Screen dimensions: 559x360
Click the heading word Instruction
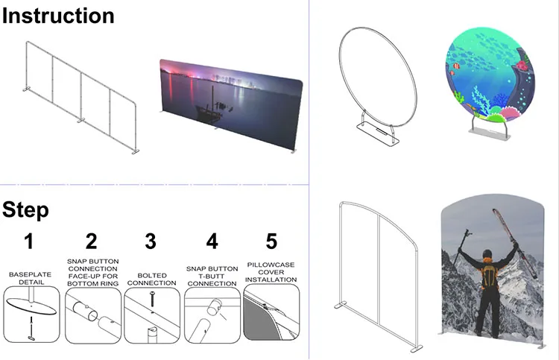click(58, 16)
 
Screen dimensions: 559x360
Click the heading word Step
click(25, 210)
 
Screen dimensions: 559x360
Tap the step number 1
click(29, 241)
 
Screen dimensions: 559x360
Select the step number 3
click(151, 241)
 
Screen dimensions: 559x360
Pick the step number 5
click(271, 241)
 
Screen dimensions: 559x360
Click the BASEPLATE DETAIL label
click(30, 278)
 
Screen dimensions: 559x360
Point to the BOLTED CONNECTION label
click(151, 279)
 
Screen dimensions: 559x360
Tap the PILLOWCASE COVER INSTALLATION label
click(271, 272)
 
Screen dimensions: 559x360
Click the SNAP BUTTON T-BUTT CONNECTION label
click(212, 276)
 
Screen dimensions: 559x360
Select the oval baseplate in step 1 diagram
click(31, 306)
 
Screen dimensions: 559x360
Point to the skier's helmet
click(487, 254)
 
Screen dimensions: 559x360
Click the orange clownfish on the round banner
click(457, 66)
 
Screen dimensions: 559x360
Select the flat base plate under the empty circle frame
click(378, 133)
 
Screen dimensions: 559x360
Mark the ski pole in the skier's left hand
click(462, 247)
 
